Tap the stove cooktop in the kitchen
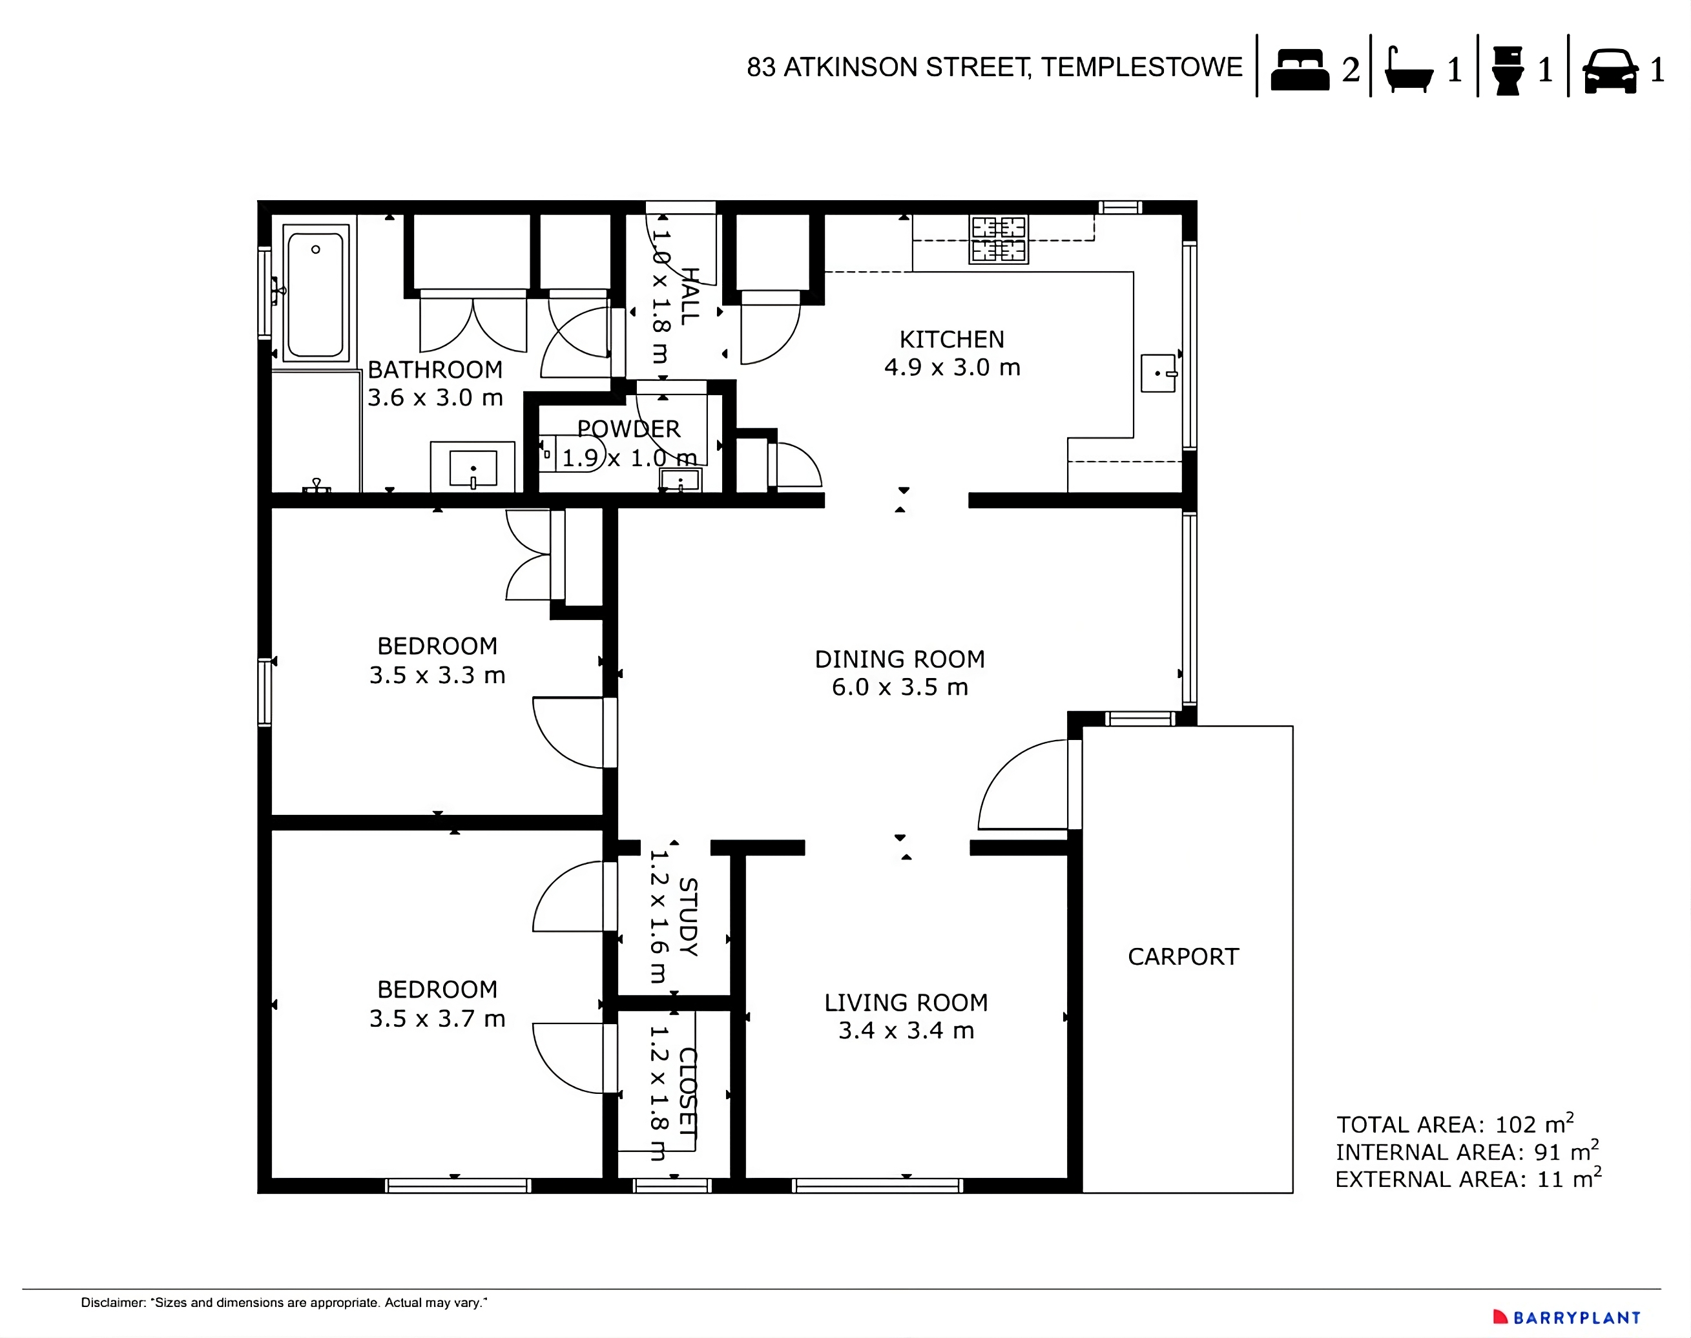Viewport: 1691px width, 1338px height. [x=999, y=239]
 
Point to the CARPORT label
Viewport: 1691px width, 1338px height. [x=1183, y=956]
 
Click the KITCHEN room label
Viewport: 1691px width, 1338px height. [x=951, y=339]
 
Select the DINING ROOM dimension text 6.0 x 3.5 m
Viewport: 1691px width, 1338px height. [x=900, y=688]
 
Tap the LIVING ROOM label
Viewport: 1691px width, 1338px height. [x=906, y=1003]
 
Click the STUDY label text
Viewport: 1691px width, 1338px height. [x=687, y=916]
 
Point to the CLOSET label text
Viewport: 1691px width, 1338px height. [x=687, y=1093]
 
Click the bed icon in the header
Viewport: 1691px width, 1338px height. [x=1299, y=70]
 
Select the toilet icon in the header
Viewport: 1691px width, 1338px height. [x=1507, y=70]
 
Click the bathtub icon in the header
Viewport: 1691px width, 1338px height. [x=1408, y=70]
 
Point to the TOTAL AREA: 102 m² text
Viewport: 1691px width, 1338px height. [x=1455, y=1124]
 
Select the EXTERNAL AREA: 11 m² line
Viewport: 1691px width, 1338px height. [x=1467, y=1179]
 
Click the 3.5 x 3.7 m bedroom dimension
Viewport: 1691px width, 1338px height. [x=437, y=1019]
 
